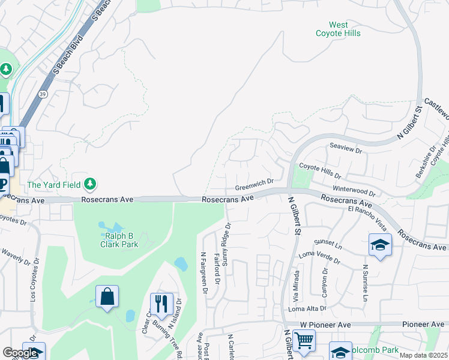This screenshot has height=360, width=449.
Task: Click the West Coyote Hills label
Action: [339, 29]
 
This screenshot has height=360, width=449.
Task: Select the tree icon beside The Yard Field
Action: [90, 183]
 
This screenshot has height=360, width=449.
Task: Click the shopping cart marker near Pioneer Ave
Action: [304, 340]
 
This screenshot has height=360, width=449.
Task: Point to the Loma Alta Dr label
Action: [307, 308]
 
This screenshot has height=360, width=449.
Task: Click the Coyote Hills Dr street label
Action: [320, 172]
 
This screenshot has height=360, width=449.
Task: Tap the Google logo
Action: [21, 353]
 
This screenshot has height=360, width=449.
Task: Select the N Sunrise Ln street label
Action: [364, 283]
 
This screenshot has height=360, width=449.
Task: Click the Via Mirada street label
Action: [295, 292]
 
